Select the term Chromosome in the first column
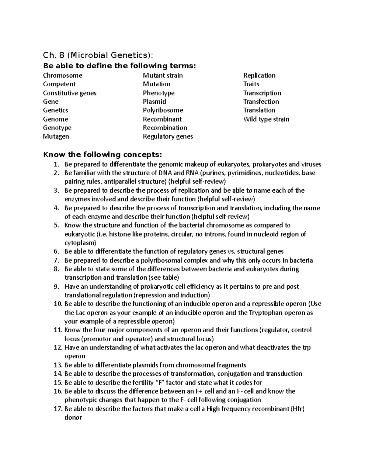[x=63, y=75]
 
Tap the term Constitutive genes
[x=70, y=93]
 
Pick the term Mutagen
[x=56, y=136]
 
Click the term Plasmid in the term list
[x=155, y=102]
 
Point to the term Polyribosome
[x=163, y=110]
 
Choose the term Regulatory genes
[x=168, y=136]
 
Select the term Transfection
[x=261, y=102]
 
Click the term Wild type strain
[x=266, y=119]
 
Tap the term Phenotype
[x=159, y=93]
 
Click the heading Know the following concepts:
[x=101, y=155]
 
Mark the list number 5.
[x=56, y=226]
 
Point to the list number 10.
[x=58, y=304]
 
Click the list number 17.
[x=58, y=409]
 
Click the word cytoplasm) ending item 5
[x=80, y=243]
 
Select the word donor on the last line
[x=73, y=418]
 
